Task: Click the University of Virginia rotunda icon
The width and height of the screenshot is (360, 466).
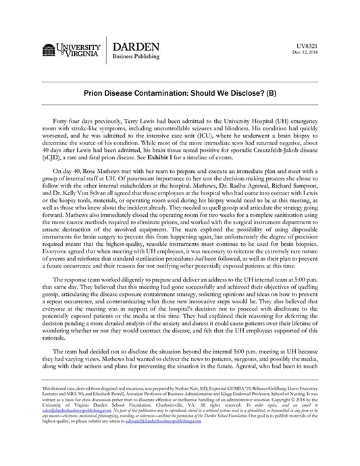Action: coord(48,51)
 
